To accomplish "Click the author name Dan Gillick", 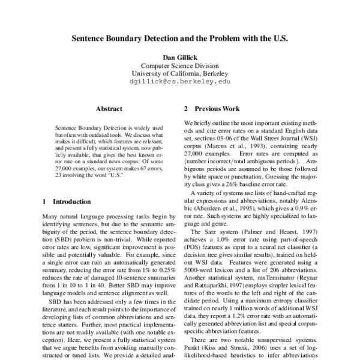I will [x=180, y=58].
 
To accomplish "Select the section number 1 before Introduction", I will [x=46, y=202].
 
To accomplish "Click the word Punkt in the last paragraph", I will [x=193, y=343].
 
